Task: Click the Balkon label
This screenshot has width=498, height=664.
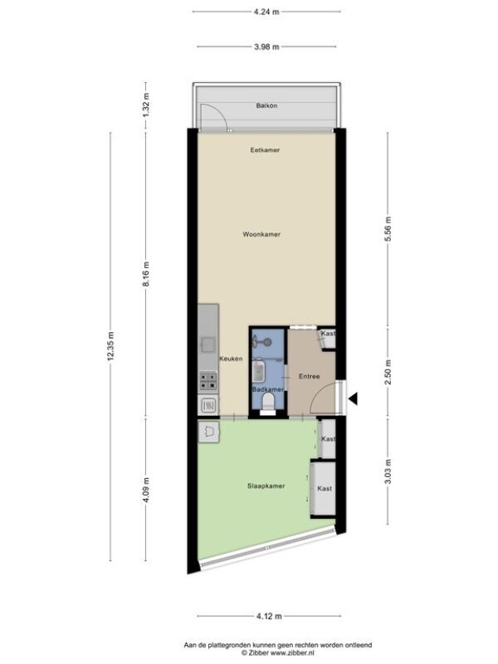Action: tap(266, 105)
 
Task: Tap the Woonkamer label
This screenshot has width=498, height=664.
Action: tap(261, 234)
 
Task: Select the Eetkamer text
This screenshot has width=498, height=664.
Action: tap(265, 150)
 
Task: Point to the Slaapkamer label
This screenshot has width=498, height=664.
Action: tap(266, 486)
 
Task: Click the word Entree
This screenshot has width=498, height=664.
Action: tap(309, 376)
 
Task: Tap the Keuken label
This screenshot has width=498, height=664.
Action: tap(231, 359)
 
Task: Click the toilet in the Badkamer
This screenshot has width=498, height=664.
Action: tap(267, 402)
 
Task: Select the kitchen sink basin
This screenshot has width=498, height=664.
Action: tap(208, 344)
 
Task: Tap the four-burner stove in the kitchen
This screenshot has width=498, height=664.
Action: tap(208, 381)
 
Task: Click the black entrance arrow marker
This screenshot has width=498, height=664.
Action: tap(354, 398)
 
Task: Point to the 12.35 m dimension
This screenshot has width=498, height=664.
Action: tap(111, 347)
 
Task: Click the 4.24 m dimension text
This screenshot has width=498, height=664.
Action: tap(266, 12)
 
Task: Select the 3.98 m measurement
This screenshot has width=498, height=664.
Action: tap(266, 47)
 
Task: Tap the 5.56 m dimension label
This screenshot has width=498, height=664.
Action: tap(388, 229)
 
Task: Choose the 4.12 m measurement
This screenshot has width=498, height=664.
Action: tap(269, 616)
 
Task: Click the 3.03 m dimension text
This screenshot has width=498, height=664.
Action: tap(388, 471)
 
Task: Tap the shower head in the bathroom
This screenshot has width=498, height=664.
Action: tap(266, 342)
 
